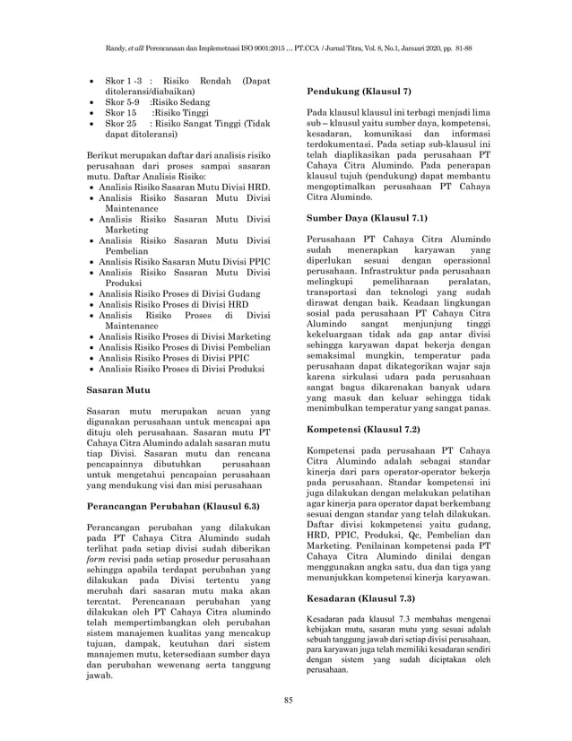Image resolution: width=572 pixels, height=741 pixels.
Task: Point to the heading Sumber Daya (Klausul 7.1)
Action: pyautogui.click(x=367, y=217)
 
